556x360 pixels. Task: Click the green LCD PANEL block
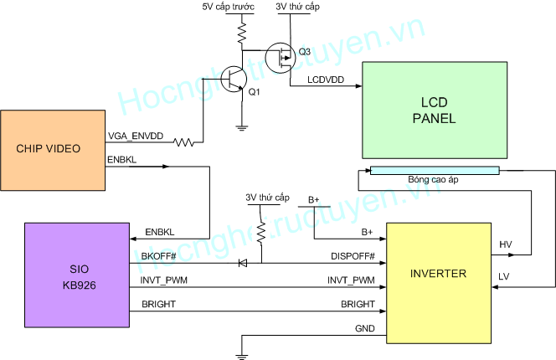coord(434,110)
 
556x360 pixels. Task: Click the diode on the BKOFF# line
coord(243,263)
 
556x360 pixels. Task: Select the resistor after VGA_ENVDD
coord(183,141)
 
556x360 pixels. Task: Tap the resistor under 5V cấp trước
coord(240,33)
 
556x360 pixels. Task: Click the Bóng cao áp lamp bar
coord(434,170)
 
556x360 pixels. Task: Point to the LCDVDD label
coord(325,80)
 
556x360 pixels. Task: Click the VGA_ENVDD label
coord(136,136)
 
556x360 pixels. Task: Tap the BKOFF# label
coord(147,256)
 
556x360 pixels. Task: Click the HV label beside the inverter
coord(505,244)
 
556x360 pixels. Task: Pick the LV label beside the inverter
coord(504,276)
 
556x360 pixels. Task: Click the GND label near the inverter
coord(364,329)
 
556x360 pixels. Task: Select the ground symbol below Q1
coord(240,127)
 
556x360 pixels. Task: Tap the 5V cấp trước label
coord(228,7)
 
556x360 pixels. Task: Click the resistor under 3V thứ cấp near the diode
coord(260,228)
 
